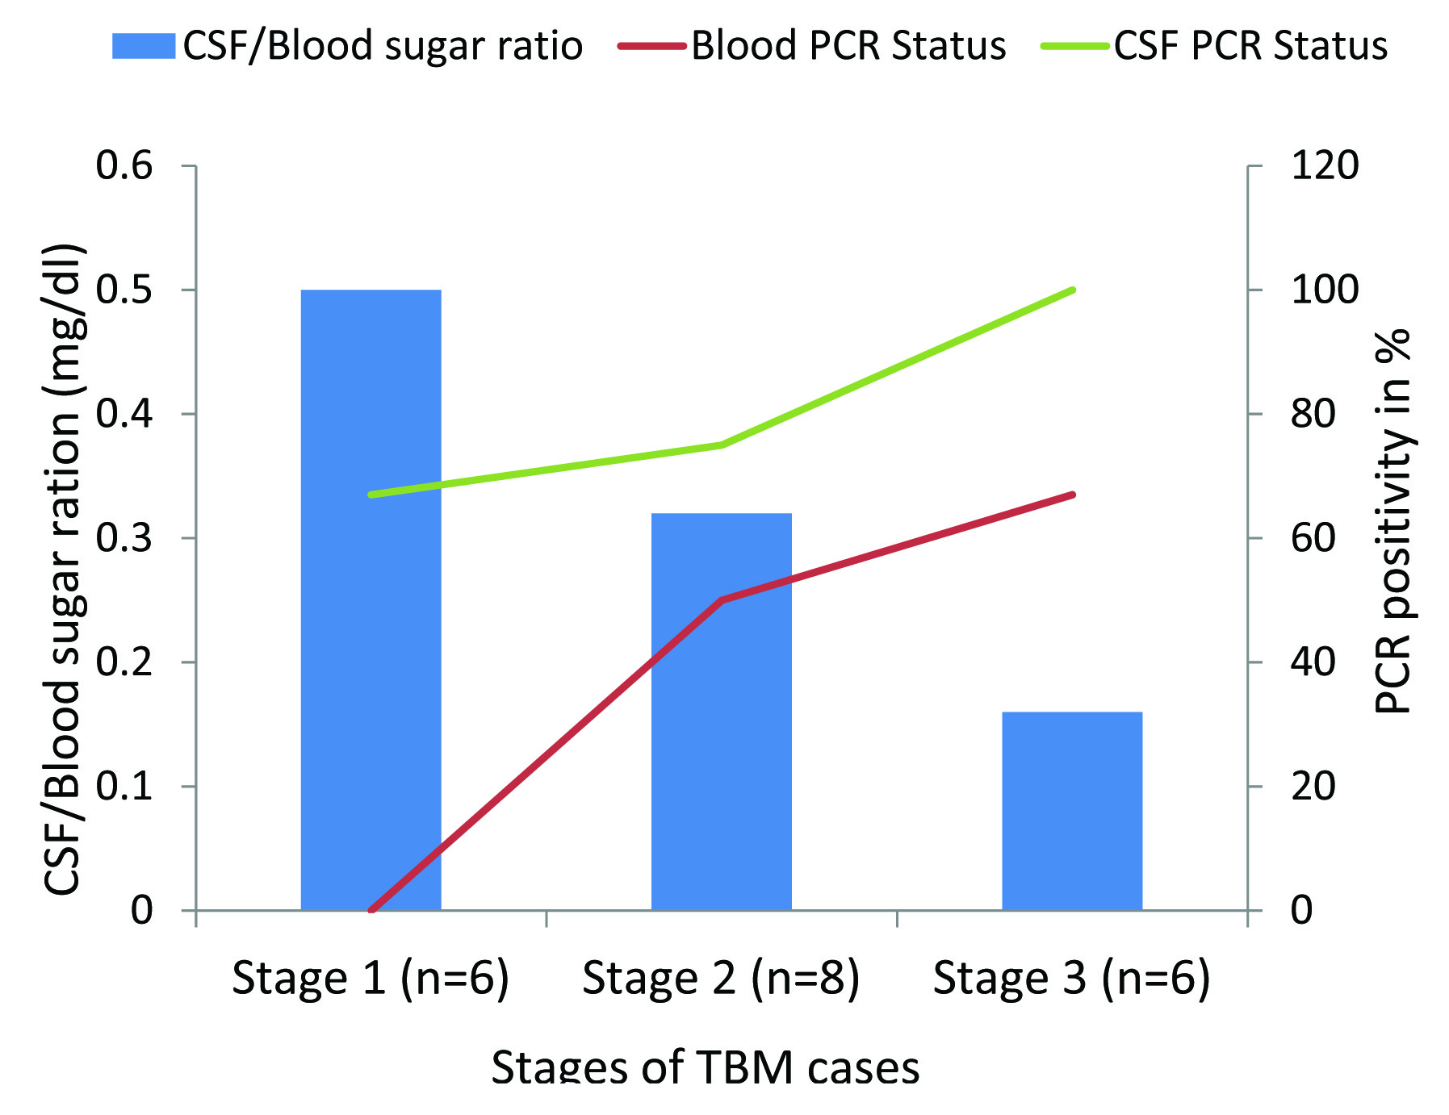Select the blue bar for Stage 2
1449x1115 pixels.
point(721,711)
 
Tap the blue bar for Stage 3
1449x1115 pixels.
point(1071,810)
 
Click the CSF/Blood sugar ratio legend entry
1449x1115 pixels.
point(347,45)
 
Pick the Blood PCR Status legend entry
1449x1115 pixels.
point(812,45)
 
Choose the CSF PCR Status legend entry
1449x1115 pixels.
point(1215,45)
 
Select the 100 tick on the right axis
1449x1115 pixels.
point(1325,290)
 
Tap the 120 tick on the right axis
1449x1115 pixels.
point(1325,165)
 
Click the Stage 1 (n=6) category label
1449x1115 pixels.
point(371,978)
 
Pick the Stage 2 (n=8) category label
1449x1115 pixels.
point(721,978)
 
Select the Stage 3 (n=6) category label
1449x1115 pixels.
point(1071,978)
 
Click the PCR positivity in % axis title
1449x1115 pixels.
point(1392,520)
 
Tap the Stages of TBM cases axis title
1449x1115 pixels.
point(705,1067)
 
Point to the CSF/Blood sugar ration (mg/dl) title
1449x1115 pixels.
point(64,569)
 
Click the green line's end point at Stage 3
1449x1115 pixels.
point(1072,290)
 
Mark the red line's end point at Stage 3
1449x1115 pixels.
point(1072,494)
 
